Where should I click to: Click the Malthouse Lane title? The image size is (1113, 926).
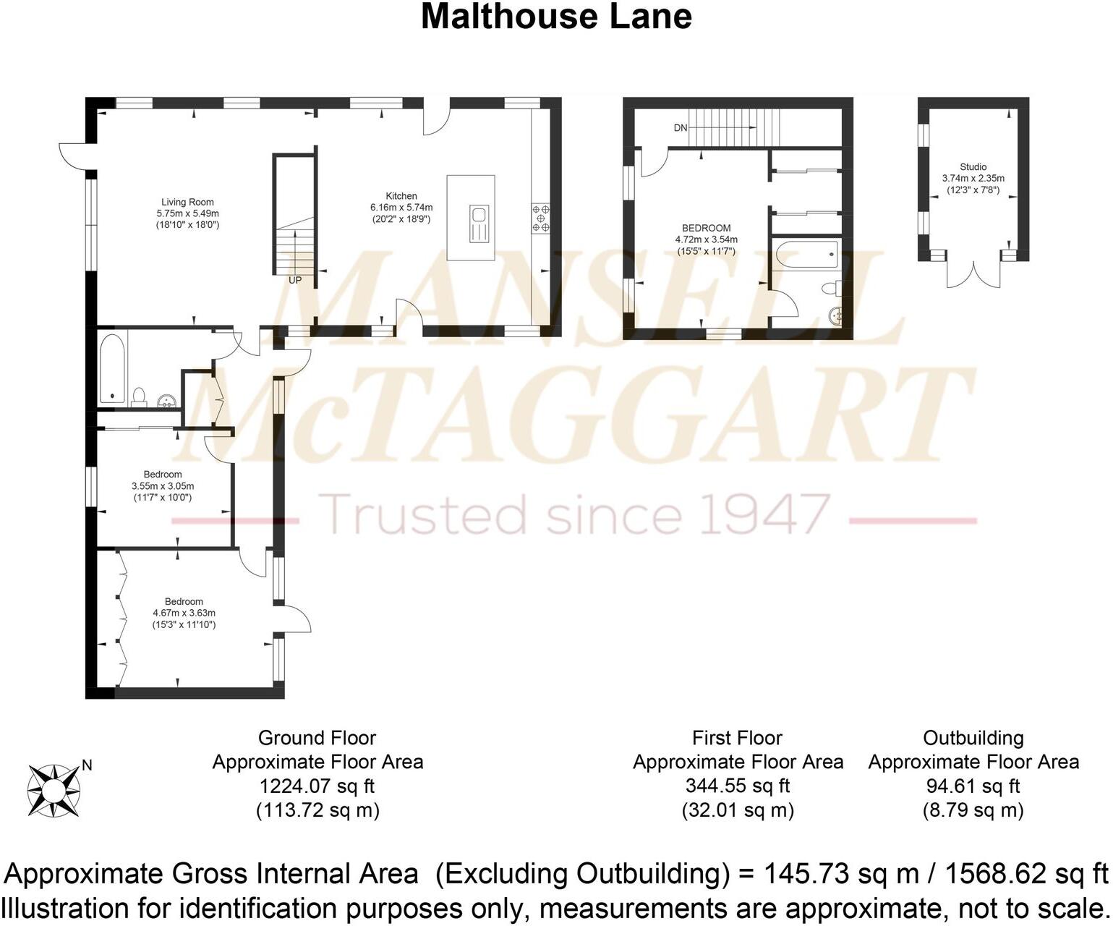point(555,17)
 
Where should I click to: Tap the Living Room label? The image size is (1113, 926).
point(187,203)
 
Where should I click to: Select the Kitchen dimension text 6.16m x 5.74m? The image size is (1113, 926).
point(401,208)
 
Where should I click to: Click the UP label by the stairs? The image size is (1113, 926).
point(295,280)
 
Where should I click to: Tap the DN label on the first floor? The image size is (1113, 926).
point(681,128)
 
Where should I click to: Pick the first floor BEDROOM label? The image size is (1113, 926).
point(706,228)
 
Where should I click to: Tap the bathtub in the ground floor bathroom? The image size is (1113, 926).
point(113,368)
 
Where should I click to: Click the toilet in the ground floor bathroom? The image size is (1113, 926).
point(140,396)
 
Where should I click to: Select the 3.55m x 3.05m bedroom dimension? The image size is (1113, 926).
point(163,486)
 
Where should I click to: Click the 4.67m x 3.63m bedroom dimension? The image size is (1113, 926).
point(184,613)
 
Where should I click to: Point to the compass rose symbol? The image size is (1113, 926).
point(53,791)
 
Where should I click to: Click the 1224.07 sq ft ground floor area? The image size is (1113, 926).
point(317,786)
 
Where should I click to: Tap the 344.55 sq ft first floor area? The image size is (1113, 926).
point(737,786)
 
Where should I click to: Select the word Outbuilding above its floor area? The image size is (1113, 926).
point(973,738)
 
